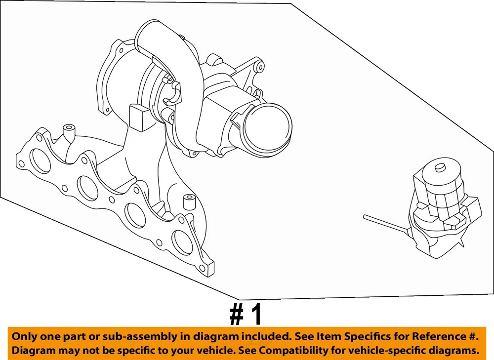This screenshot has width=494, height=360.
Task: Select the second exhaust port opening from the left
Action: [87, 187]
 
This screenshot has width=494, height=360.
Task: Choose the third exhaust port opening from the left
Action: [135, 215]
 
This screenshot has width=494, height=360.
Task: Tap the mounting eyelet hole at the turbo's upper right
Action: [260, 67]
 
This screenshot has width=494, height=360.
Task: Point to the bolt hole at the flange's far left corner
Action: [21, 164]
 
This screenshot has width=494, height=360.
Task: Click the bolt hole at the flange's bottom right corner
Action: [202, 269]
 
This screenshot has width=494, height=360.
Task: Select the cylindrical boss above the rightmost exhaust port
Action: [189, 202]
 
